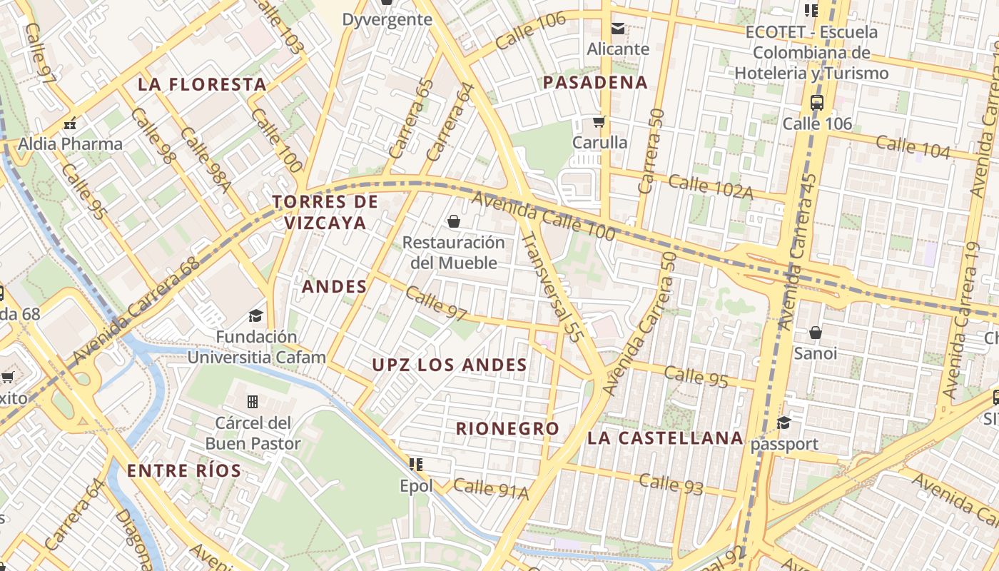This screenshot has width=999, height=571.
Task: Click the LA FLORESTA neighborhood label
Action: click(202, 84)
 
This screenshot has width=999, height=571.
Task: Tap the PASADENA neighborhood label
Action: click(595, 82)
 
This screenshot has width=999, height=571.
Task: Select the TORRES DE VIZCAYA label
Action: click(325, 212)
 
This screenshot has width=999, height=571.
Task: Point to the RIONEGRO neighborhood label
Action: click(507, 429)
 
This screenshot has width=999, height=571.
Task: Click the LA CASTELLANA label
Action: click(665, 438)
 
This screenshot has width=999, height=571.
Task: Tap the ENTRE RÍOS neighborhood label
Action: click(184, 470)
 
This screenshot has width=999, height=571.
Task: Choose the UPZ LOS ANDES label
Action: click(450, 365)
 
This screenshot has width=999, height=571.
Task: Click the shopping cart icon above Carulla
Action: click(599, 121)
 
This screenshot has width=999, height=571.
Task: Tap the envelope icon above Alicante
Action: click(617, 29)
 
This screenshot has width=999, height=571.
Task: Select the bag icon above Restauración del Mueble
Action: click(453, 221)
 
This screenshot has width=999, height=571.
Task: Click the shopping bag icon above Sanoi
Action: click(816, 333)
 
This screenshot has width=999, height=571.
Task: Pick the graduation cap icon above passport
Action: click(784, 423)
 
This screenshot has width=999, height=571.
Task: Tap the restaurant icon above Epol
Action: click(416, 465)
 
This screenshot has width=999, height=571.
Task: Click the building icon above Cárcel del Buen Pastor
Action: click(252, 402)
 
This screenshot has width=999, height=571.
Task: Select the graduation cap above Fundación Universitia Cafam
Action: click(255, 315)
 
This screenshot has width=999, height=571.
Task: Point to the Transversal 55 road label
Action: click(548, 283)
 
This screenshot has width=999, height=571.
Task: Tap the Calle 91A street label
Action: click(490, 489)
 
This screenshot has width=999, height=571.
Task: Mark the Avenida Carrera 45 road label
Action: click(798, 253)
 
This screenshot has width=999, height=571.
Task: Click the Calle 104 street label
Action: click(913, 147)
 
